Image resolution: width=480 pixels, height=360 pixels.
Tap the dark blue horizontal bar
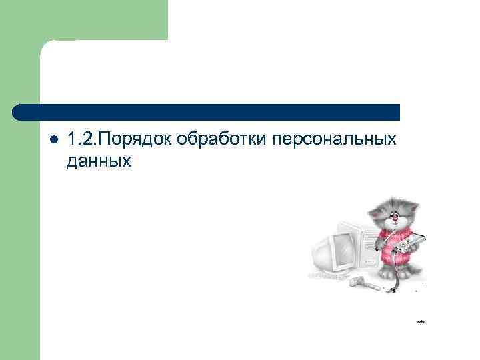(207, 112)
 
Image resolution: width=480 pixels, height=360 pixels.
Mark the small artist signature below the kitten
(421, 322)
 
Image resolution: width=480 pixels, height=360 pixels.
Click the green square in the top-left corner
(83, 20)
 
